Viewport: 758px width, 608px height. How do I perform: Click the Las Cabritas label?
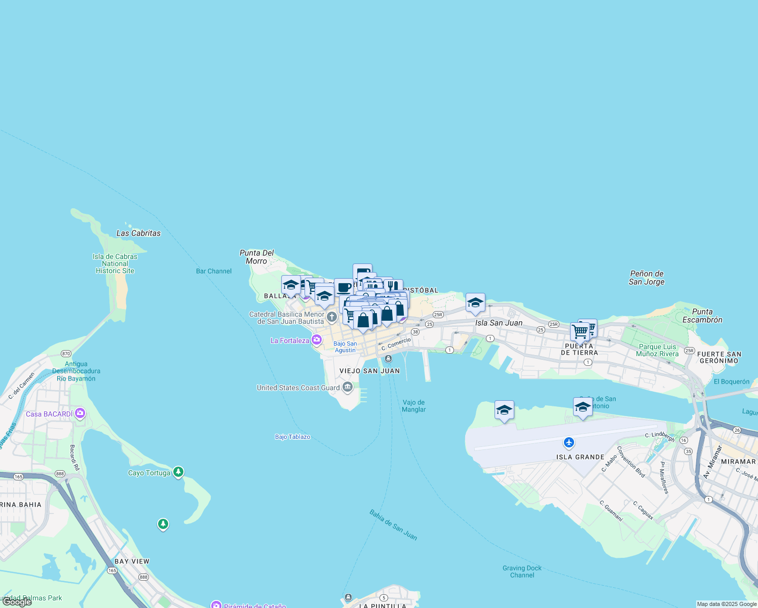(x=138, y=233)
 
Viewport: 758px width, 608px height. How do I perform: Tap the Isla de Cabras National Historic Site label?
(x=115, y=263)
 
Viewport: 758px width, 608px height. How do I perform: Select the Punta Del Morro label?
(x=256, y=257)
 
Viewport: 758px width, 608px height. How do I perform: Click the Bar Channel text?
(x=214, y=271)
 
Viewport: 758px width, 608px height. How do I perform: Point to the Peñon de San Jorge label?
(x=647, y=278)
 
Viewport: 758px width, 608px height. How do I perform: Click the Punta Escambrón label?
(x=702, y=316)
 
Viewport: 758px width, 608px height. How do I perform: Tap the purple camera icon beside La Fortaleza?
(x=317, y=340)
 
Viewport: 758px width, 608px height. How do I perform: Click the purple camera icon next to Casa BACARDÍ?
(x=80, y=413)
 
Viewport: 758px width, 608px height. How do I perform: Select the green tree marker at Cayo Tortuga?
(x=178, y=472)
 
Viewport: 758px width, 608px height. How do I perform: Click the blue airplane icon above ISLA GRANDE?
(x=569, y=443)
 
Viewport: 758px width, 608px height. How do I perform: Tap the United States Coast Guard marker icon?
(x=348, y=388)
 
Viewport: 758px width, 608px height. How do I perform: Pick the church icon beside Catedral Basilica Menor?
(x=331, y=318)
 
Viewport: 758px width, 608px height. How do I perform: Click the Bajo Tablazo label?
(x=293, y=437)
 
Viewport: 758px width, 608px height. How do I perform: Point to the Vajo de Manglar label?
(x=414, y=406)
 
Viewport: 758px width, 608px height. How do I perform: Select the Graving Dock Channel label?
(x=522, y=572)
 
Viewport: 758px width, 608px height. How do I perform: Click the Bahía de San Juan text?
(x=393, y=525)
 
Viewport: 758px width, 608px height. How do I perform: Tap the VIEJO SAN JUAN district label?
(x=369, y=371)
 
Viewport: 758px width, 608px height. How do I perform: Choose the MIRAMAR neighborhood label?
(x=738, y=462)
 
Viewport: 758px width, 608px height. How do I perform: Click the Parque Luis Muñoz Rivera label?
(x=657, y=350)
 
